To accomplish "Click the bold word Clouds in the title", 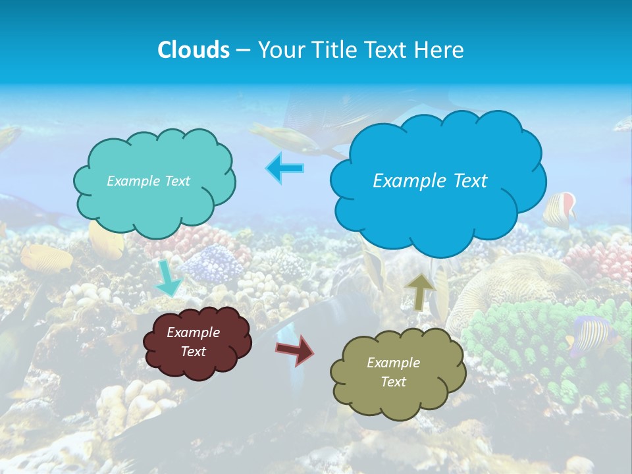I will pyautogui.click(x=193, y=50).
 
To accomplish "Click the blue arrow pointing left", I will pyautogui.click(x=285, y=168).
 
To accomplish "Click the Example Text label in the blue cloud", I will pyautogui.click(x=430, y=181).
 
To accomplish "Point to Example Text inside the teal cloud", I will pyautogui.click(x=148, y=181).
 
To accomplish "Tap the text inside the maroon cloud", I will pyautogui.click(x=193, y=342).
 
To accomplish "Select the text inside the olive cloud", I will pyautogui.click(x=393, y=372).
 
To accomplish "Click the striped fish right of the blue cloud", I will pyautogui.click(x=560, y=209).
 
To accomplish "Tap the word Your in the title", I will pyautogui.click(x=277, y=50).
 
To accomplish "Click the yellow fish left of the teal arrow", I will pyautogui.click(x=46, y=257).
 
